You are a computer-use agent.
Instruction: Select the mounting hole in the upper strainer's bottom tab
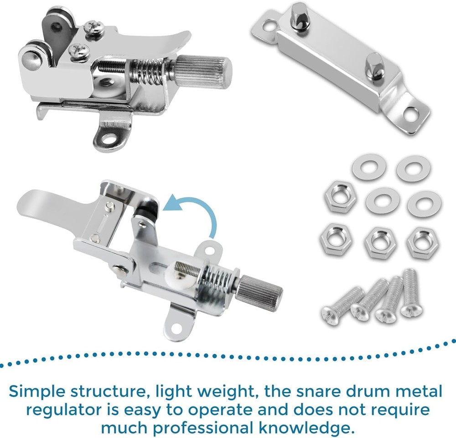[109, 138]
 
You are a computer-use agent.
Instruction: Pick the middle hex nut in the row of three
[381, 243]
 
